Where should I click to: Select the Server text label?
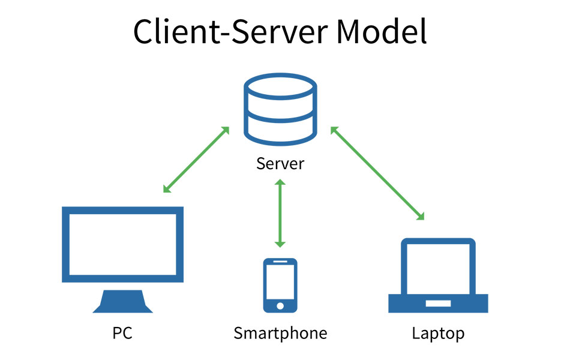[280, 163]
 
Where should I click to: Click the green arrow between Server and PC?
[196, 160]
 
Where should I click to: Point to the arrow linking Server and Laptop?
[377, 173]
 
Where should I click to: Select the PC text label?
[122, 333]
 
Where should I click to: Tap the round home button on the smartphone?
[280, 305]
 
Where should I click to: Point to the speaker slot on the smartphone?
[280, 263]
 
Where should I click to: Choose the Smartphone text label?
[280, 333]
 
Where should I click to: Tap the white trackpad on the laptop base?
[438, 304]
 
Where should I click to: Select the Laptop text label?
[438, 333]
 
